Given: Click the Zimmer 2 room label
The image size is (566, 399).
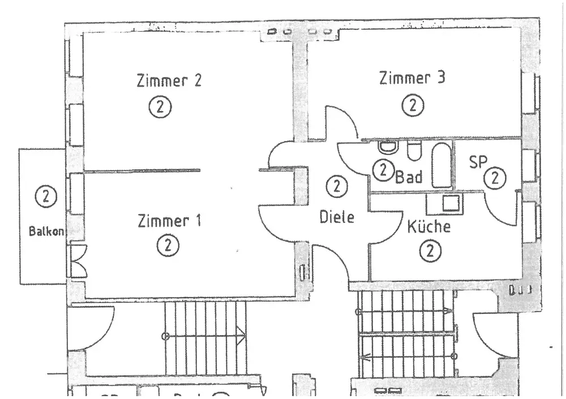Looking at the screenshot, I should tap(169, 80).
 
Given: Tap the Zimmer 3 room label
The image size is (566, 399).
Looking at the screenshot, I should tap(412, 78).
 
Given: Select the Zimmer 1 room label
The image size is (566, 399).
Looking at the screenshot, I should tap(169, 221).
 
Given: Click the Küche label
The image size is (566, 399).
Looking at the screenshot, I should tap(429, 227).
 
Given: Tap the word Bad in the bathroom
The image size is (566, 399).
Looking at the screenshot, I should tap(409, 177).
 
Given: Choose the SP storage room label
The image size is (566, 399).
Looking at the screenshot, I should tap(478, 162).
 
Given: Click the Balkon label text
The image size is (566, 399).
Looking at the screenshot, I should tap(47, 231).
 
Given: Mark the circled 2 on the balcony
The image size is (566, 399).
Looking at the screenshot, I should tap(46, 196).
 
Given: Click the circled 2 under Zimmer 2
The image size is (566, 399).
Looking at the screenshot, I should tap(160, 106).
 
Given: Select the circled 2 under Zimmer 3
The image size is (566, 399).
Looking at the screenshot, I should tap(413, 105).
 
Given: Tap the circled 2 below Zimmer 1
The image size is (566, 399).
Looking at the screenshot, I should tap(168, 246).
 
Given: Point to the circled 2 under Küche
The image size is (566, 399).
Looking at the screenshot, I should tap(430, 251).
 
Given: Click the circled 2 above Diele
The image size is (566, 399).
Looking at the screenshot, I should tap(337, 186).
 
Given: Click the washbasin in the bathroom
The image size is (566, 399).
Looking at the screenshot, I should tap(388, 147).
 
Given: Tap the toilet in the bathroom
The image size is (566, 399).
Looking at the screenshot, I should tap(414, 151).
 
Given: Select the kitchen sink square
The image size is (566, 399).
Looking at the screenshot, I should tap(451, 203).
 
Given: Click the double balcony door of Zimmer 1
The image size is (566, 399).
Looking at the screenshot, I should tap(76, 261).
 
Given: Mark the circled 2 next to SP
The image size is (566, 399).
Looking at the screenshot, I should tap(495, 178).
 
